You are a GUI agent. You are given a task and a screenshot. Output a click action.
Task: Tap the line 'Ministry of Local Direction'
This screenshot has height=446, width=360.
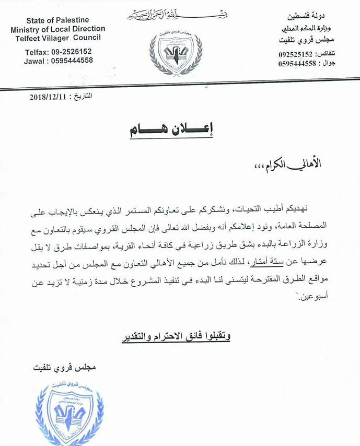pos(57,29)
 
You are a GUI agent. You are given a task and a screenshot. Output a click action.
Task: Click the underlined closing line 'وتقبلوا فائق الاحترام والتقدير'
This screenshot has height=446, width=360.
pos(176,337)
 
